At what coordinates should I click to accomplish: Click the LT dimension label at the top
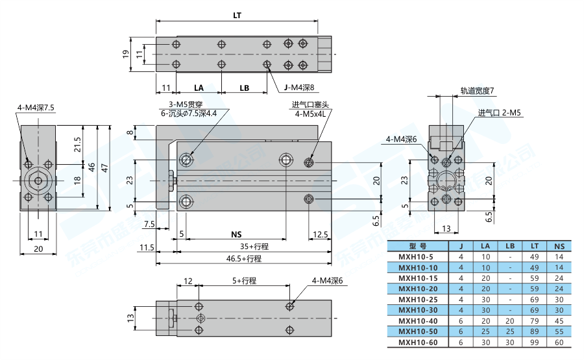tap(237, 15)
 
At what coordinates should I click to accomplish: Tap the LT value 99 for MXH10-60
tap(534, 342)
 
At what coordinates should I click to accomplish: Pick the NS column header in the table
tap(559, 246)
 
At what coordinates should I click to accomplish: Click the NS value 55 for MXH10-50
tap(559, 331)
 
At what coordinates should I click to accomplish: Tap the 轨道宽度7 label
tap(477, 90)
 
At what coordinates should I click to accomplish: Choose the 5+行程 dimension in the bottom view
tap(245, 281)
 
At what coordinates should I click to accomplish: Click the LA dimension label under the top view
tap(199, 88)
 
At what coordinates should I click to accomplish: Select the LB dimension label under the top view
tap(244, 88)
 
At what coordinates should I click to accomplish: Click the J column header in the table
tap(461, 246)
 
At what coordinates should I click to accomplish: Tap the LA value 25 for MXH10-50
tap(485, 331)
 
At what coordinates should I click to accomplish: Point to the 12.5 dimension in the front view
tap(319, 234)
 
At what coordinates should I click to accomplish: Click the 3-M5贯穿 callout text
tap(185, 104)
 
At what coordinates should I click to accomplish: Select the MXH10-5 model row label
tap(417, 257)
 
